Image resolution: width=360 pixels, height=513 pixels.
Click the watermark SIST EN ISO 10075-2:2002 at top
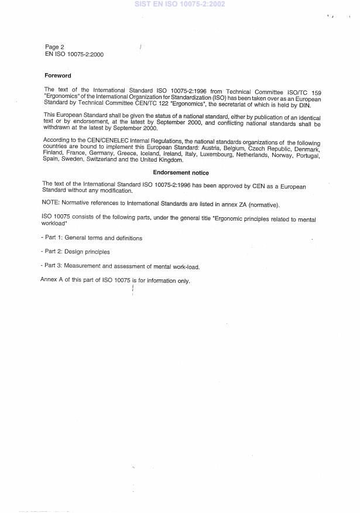(x=180, y=4)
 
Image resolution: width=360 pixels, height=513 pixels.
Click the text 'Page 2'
(x=54, y=47)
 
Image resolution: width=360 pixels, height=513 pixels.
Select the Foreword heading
(x=58, y=76)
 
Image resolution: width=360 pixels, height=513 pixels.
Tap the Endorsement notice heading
(x=181, y=173)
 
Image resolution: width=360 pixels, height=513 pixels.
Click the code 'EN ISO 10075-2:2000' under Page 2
(x=75, y=54)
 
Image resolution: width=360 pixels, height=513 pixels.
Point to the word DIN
(x=314, y=104)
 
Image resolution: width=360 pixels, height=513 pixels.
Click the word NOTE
(x=52, y=204)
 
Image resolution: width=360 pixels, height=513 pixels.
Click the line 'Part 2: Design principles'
(x=76, y=252)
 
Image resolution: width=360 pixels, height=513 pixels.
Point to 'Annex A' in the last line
(x=52, y=281)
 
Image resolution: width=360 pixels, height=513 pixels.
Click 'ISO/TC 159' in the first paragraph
(x=303, y=92)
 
